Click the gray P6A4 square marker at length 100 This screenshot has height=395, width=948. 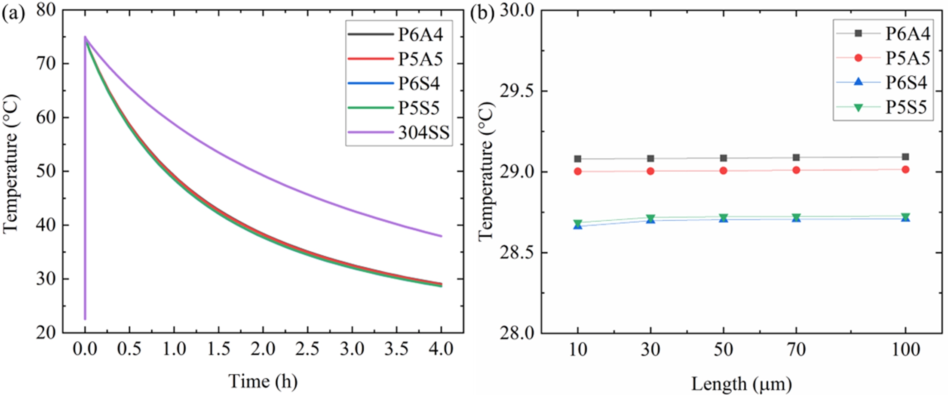coord(905,157)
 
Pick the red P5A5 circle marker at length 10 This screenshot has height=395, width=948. coord(577,171)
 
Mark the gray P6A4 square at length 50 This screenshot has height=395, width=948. coord(723,158)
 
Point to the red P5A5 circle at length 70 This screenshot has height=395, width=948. coord(796,170)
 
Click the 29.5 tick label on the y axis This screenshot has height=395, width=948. coord(516,91)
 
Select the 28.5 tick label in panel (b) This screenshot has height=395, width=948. coord(516,253)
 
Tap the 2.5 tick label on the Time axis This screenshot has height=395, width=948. coord(307,349)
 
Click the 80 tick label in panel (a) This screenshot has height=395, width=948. coord(46,10)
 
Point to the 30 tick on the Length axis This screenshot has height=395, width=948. coord(650,349)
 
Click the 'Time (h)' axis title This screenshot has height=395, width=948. coord(263,381)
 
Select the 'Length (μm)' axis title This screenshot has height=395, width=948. coord(741,383)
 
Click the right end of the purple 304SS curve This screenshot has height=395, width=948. coord(441,236)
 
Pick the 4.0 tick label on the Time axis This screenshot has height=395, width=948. coord(441,349)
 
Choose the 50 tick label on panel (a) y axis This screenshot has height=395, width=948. coord(46,171)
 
